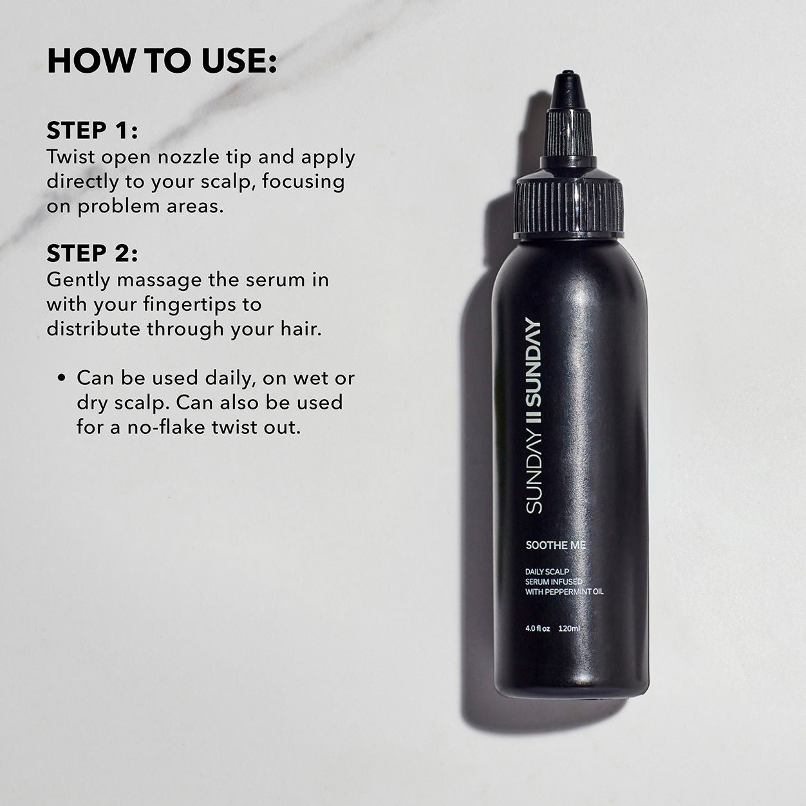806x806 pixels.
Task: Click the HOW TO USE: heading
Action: click(162, 61)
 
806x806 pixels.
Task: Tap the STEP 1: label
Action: click(92, 131)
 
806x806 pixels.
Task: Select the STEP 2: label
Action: click(92, 254)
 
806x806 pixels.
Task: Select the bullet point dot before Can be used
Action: click(62, 379)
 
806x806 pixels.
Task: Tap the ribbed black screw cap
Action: click(570, 203)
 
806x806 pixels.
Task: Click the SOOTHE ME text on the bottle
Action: click(555, 545)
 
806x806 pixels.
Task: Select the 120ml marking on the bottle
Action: click(570, 628)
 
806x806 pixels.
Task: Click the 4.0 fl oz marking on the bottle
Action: click(538, 628)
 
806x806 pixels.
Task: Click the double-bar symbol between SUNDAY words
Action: click(534, 413)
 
